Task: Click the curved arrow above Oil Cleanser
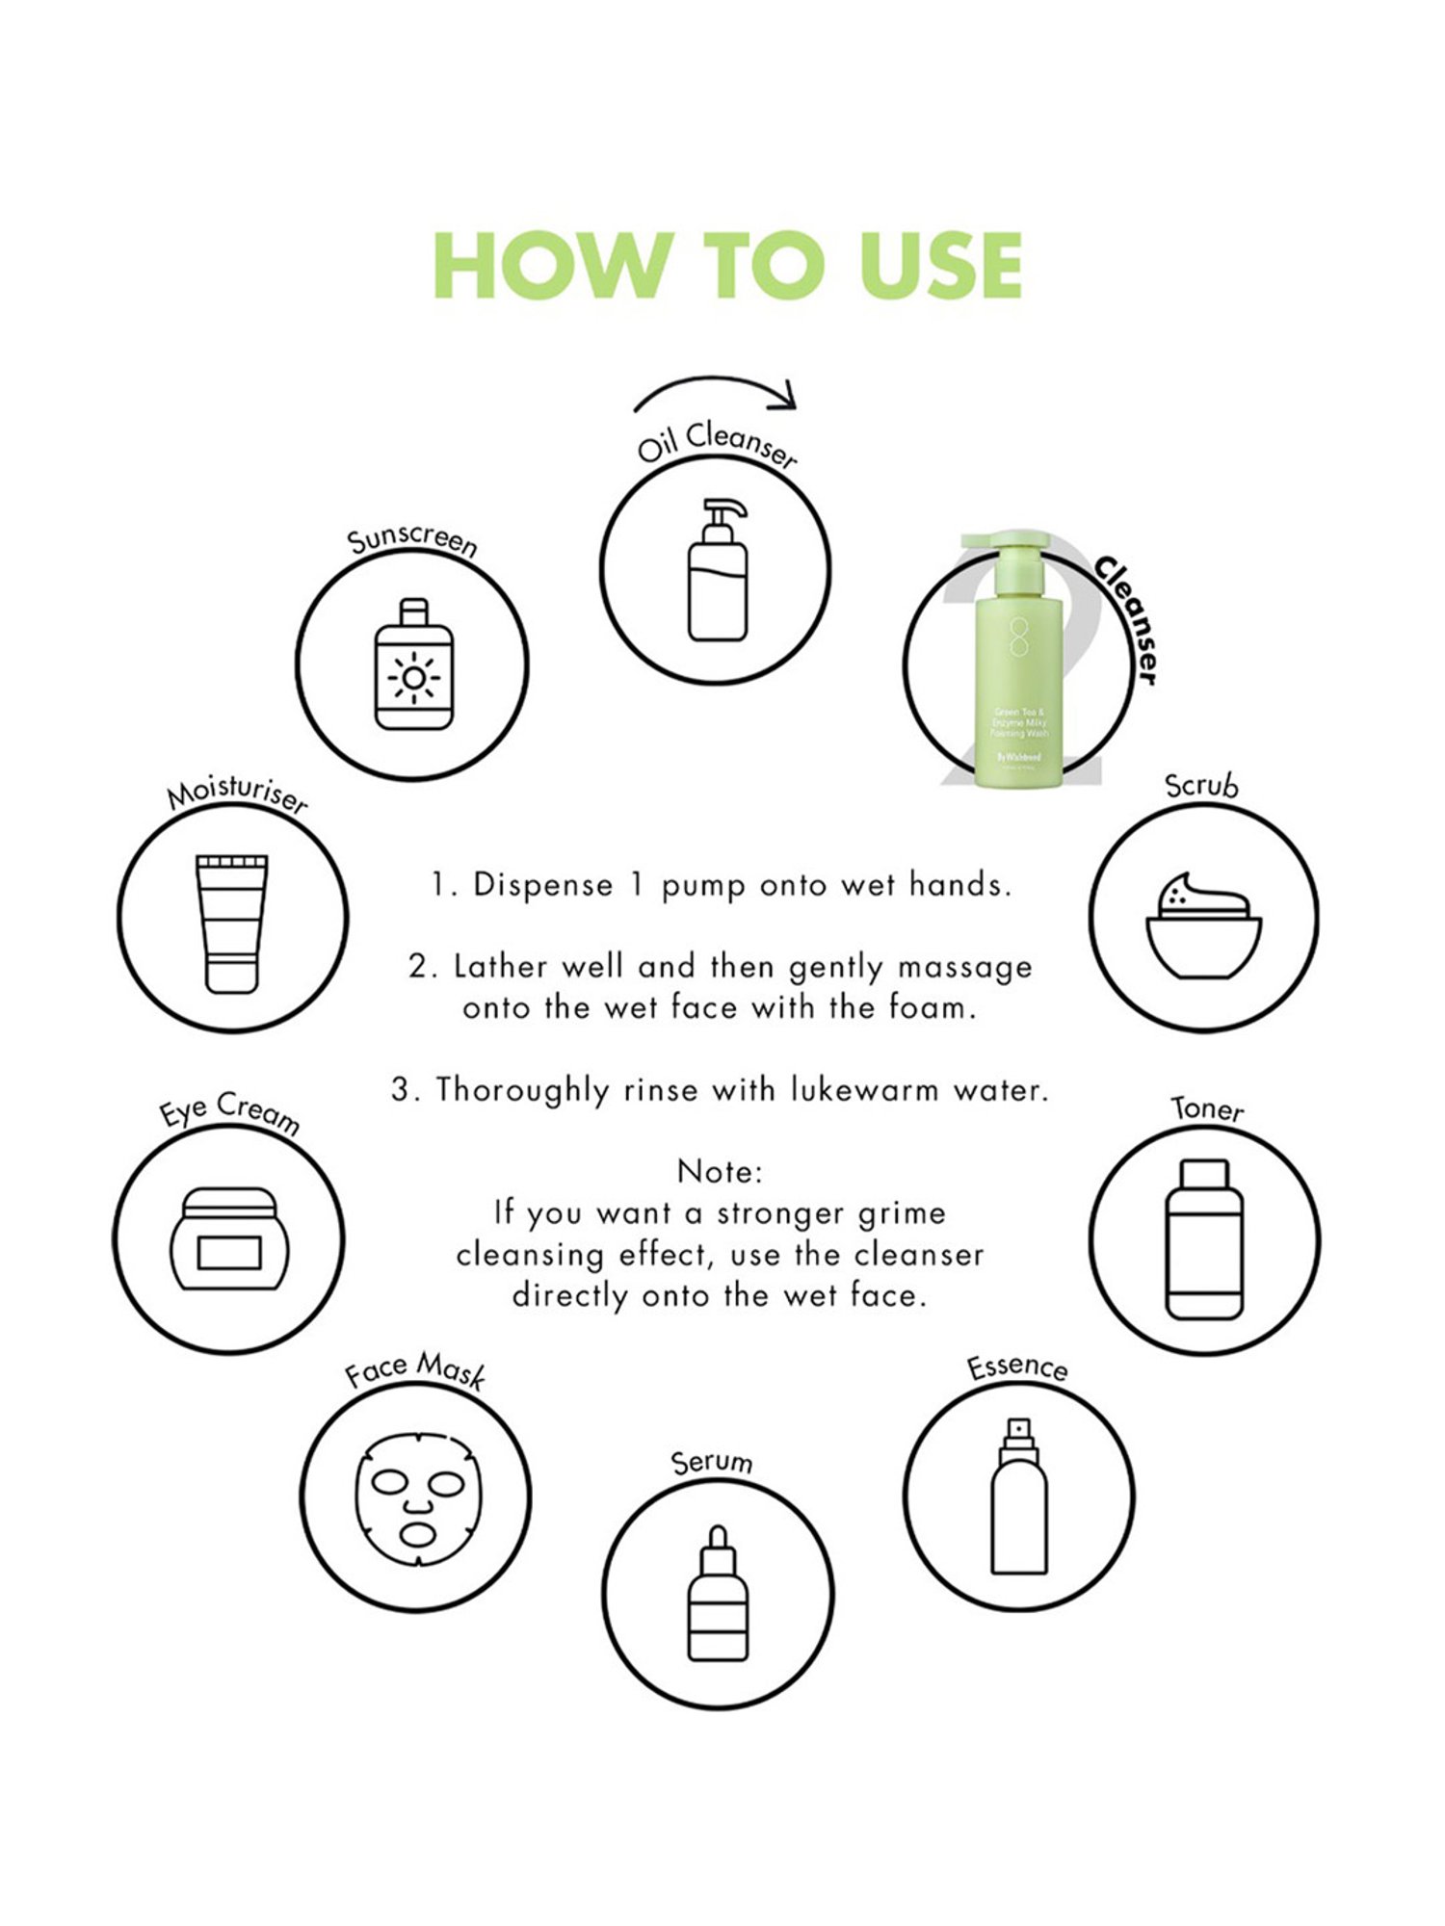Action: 718,390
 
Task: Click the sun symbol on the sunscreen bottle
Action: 413,678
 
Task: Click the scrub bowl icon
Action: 1203,927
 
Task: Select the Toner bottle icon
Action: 1204,1239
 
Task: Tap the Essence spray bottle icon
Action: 1019,1496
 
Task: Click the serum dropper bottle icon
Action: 718,1594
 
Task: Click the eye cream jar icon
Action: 229,1239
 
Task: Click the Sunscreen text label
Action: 412,542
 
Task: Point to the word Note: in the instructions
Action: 720,1172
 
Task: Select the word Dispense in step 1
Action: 542,885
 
